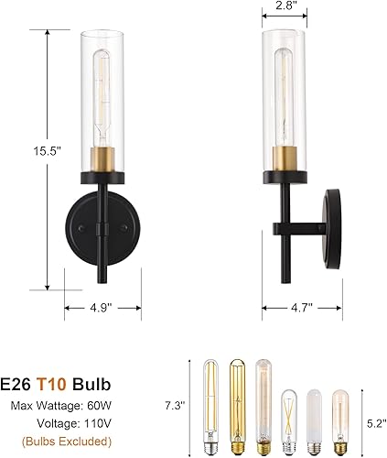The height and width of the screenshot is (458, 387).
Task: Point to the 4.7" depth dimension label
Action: [288, 309]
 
